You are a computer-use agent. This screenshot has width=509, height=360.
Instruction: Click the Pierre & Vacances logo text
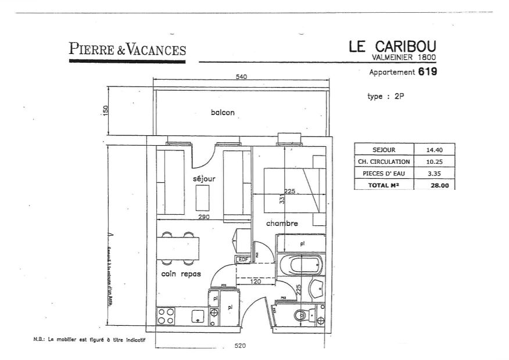pyautogui.click(x=127, y=49)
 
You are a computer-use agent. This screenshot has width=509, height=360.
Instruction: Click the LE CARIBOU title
pyautogui.click(x=392, y=46)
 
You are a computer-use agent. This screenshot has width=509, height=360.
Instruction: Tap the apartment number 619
pyautogui.click(x=427, y=73)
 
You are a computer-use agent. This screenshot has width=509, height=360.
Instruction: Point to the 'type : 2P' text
pyautogui.click(x=385, y=97)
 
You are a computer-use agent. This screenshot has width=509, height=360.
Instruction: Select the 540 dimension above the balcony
pyautogui.click(x=242, y=77)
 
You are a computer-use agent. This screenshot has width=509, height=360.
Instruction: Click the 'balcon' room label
pyautogui.click(x=223, y=113)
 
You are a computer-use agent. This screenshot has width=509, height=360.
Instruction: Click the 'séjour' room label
pyautogui.click(x=204, y=179)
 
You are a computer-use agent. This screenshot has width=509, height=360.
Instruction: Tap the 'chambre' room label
pyautogui.click(x=282, y=224)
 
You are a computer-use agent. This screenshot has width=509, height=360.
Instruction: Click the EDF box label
pyautogui.click(x=242, y=259)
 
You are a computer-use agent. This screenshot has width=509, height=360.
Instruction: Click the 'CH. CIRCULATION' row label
pyautogui.click(x=383, y=161)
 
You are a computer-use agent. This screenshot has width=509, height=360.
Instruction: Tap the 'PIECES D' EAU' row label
pyautogui.click(x=383, y=173)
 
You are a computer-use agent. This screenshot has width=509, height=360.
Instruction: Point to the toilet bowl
pyautogui.click(x=300, y=315)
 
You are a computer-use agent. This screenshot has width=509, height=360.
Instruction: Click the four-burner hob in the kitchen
pyautogui.click(x=166, y=316)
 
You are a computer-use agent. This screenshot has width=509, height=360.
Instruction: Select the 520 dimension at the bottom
pyautogui.click(x=240, y=346)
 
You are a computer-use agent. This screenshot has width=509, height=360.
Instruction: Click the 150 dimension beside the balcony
pyautogui.click(x=106, y=111)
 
